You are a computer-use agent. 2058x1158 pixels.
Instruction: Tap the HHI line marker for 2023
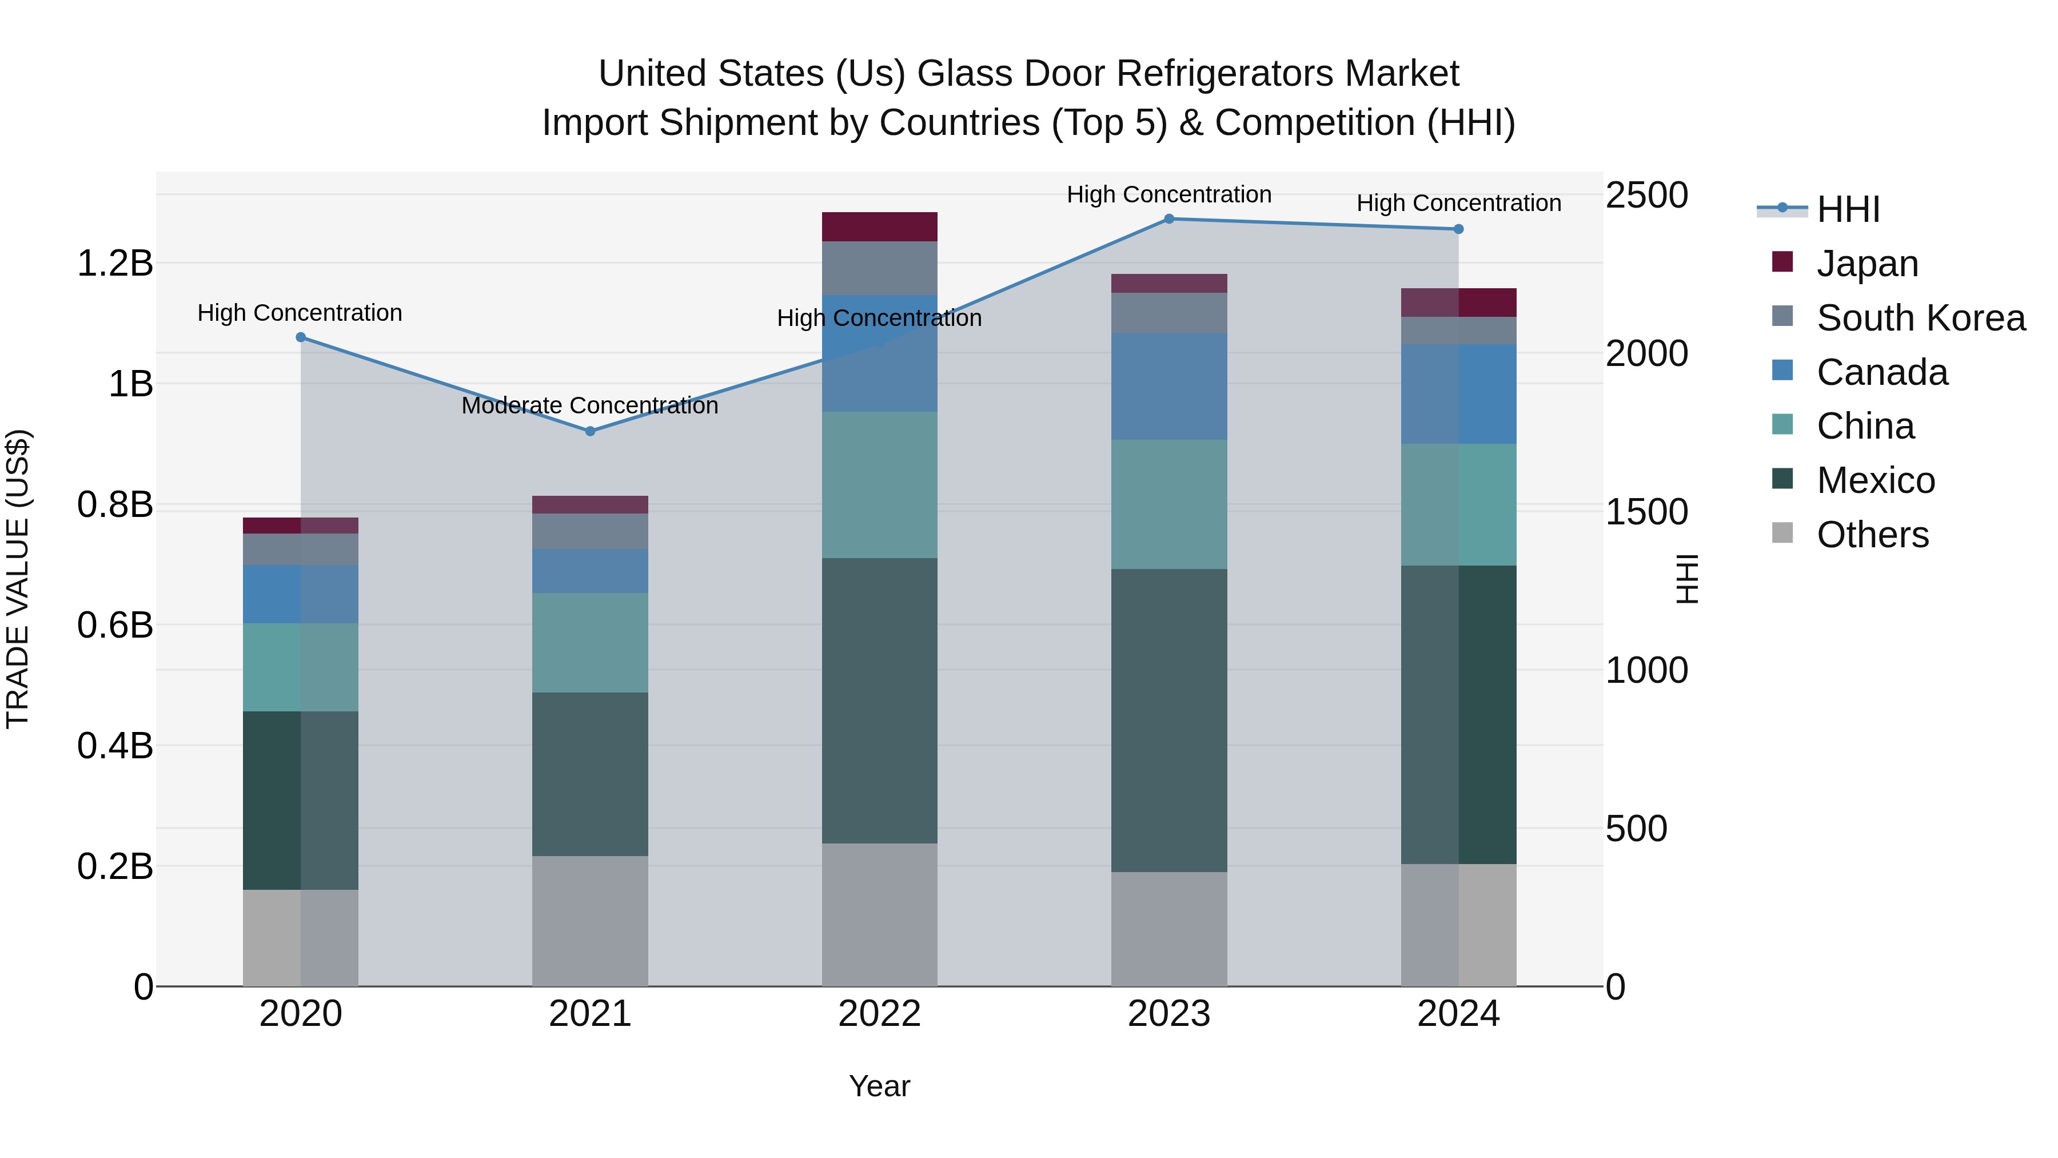pos(1169,218)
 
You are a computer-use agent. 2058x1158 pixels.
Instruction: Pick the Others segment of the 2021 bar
pos(589,921)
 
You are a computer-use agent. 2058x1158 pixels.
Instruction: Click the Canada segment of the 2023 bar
pos(1169,386)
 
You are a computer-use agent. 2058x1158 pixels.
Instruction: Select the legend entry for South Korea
pos(1921,318)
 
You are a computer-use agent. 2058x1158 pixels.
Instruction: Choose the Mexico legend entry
pos(1875,480)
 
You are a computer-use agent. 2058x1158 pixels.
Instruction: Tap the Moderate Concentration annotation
pos(589,405)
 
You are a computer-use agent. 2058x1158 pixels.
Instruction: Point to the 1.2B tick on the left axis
pos(114,263)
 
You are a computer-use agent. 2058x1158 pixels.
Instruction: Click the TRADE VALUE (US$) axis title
pos(18,579)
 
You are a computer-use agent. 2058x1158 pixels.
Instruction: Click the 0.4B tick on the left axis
pos(114,746)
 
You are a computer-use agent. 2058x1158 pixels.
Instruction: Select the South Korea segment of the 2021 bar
pos(589,531)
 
